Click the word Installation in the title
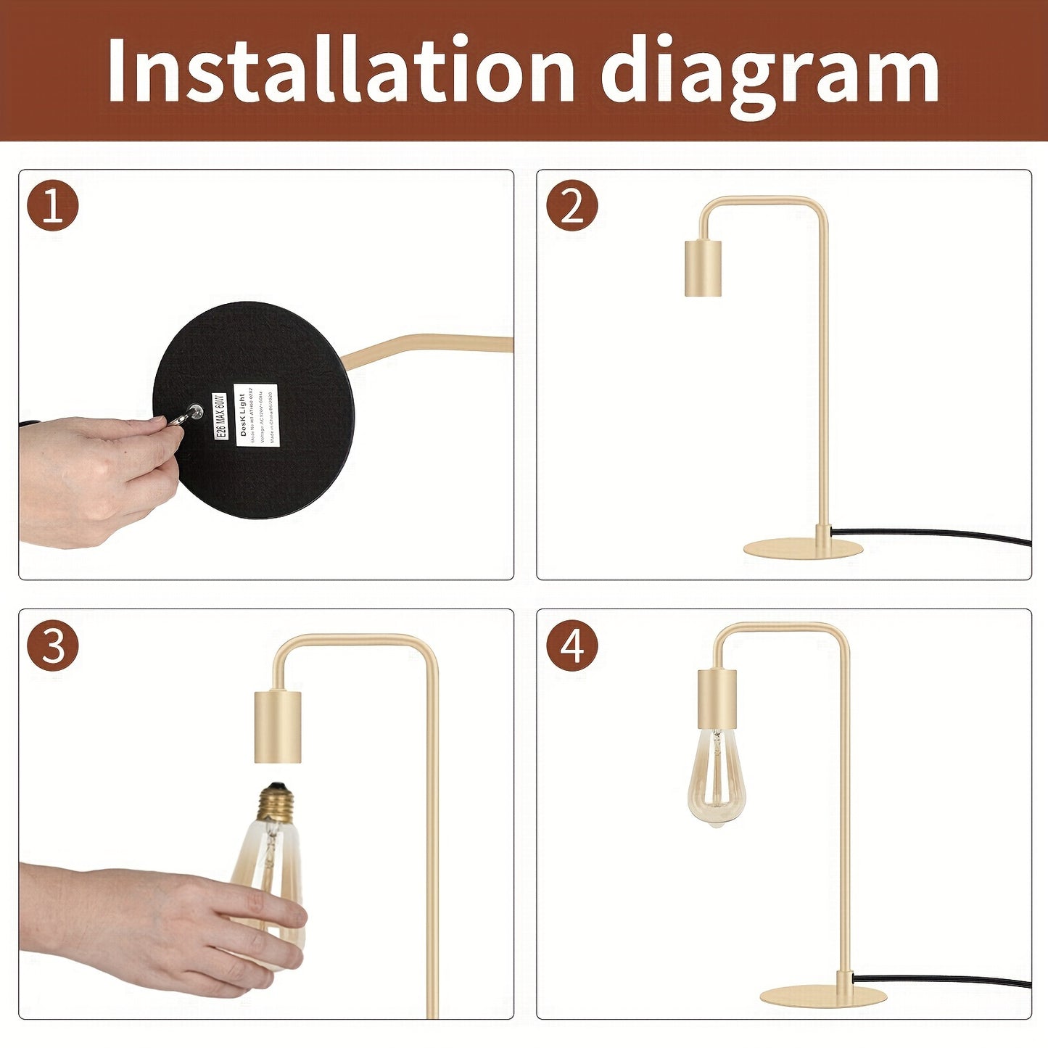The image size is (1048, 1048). click(x=341, y=70)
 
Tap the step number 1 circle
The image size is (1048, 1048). click(x=53, y=206)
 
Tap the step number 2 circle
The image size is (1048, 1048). click(x=572, y=206)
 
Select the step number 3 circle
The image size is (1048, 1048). click(x=53, y=645)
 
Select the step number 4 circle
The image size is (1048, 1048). click(x=572, y=645)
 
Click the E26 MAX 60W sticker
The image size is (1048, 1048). click(x=220, y=416)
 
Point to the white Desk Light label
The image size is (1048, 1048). click(x=256, y=415)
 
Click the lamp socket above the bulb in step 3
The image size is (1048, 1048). click(x=277, y=727)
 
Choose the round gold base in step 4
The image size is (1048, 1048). click(x=823, y=997)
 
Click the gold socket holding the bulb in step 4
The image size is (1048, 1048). click(x=717, y=698)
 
